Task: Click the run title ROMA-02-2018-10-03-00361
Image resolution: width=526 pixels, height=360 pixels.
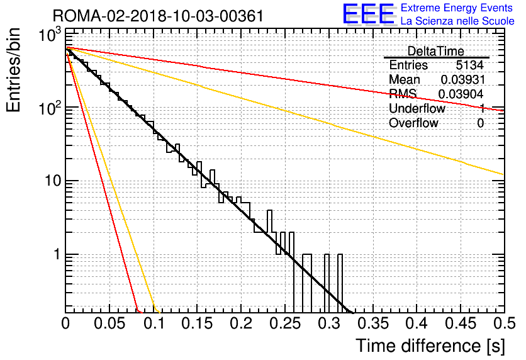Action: (x=158, y=16)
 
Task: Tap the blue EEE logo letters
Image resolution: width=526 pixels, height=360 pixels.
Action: (x=369, y=14)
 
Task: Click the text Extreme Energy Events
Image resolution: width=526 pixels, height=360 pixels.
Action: (x=457, y=8)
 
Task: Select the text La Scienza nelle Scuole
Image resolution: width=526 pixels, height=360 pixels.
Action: (x=457, y=21)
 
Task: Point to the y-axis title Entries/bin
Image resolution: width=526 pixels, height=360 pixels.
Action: (x=13, y=70)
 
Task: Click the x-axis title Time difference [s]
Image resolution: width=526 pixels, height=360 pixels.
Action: (x=430, y=346)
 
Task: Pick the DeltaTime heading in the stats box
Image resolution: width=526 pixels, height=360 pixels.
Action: (x=435, y=52)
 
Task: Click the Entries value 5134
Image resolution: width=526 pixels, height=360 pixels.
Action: (x=469, y=65)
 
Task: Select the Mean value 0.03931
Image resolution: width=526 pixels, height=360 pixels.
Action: (x=462, y=80)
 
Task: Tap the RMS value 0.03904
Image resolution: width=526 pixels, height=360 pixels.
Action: (x=461, y=94)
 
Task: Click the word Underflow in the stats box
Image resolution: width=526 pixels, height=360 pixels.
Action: (x=417, y=108)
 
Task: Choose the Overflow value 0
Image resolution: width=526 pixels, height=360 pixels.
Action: (x=480, y=123)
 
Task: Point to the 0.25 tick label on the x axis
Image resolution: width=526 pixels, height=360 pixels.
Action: (x=285, y=323)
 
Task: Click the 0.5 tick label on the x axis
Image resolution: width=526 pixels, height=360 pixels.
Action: (x=504, y=323)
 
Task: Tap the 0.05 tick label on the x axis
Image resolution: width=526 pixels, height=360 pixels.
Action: (x=109, y=323)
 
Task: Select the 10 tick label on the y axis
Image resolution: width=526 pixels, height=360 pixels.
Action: (x=53, y=181)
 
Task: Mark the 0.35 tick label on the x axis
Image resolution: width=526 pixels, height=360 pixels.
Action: (x=373, y=323)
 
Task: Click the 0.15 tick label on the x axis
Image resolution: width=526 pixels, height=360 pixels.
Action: (x=198, y=323)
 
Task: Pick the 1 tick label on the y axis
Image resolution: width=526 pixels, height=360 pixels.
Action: (x=57, y=255)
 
